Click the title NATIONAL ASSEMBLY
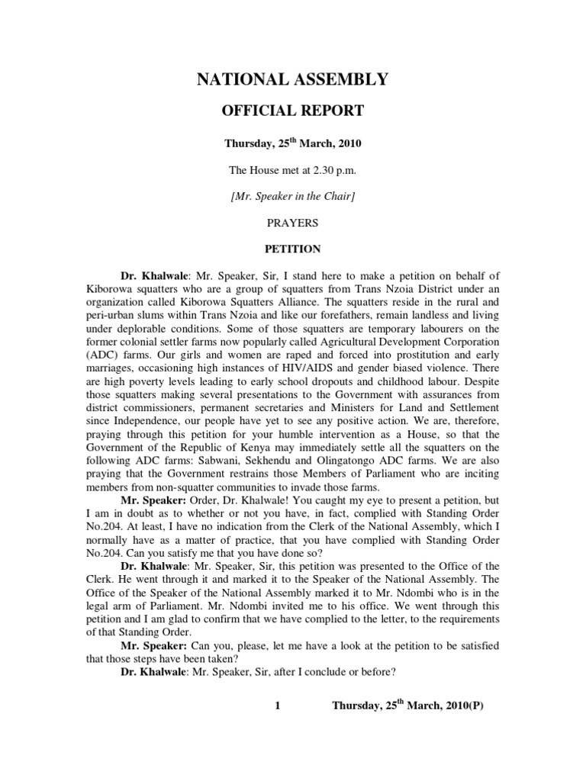[293, 79]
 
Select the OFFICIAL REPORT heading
[293, 111]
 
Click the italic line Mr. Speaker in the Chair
[293, 196]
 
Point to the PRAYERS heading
[293, 223]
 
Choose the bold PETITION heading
[293, 249]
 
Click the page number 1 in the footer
[279, 705]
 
